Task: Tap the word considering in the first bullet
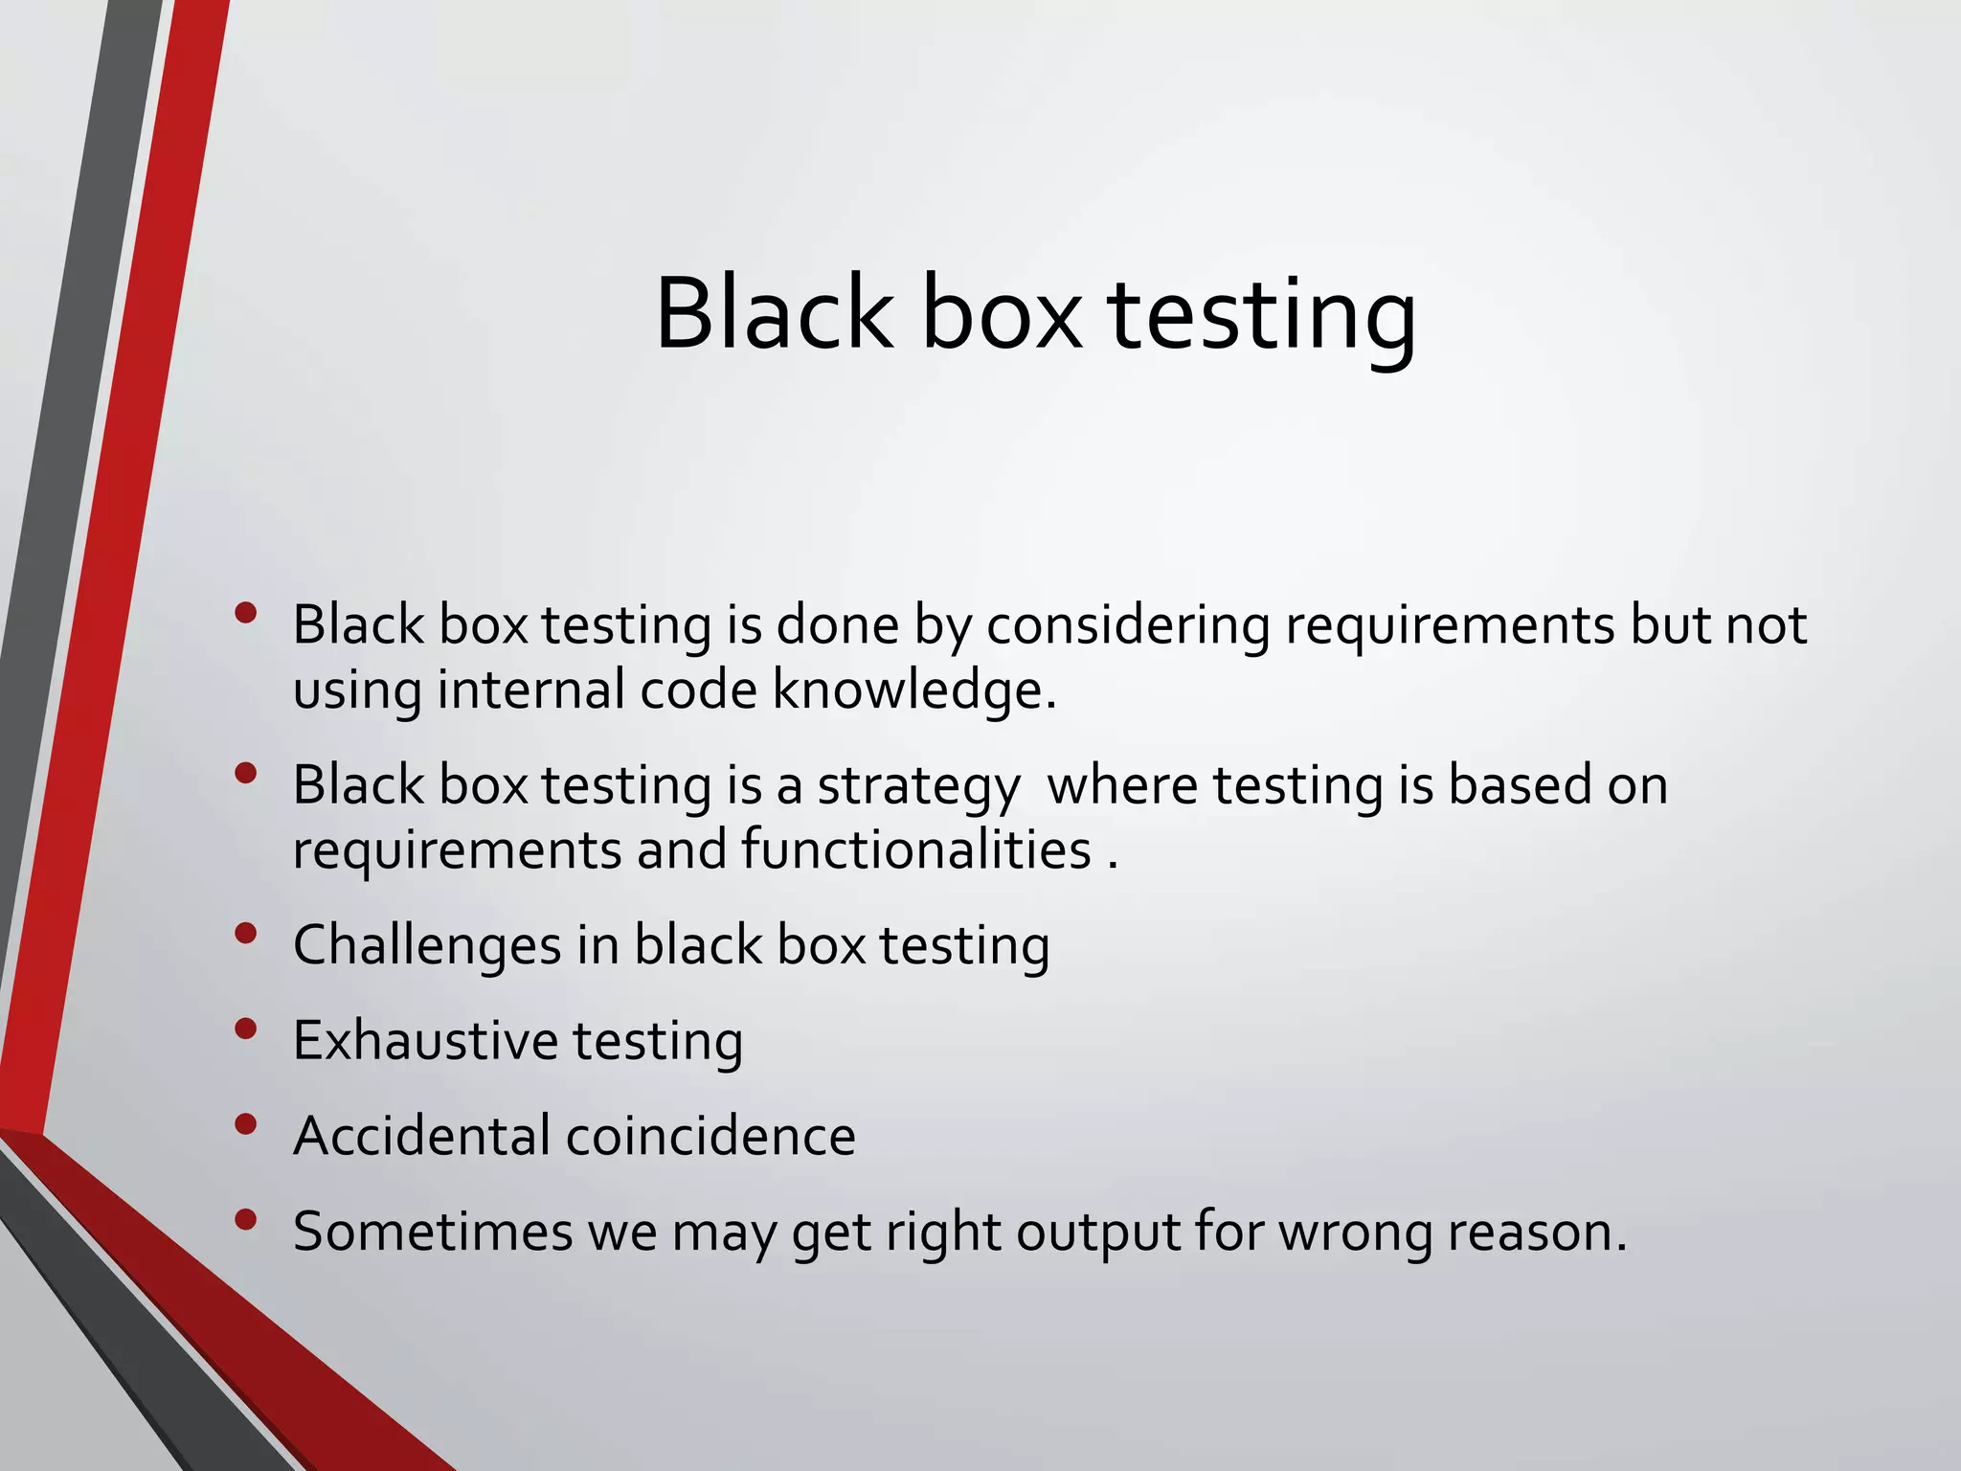coord(1127,625)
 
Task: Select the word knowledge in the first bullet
coord(914,690)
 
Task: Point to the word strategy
coord(918,787)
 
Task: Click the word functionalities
coord(916,849)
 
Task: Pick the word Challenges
coord(427,946)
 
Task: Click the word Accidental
coord(422,1137)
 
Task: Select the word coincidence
coord(710,1137)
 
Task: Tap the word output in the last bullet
coord(1097,1233)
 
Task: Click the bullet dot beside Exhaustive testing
coord(246,1029)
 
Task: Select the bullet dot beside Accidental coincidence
coord(246,1124)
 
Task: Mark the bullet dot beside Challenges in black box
coord(246,933)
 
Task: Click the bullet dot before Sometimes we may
coord(246,1219)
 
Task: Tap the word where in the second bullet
coord(1122,785)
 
